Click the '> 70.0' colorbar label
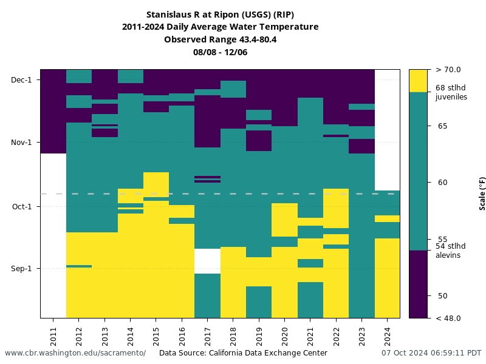click(x=448, y=70)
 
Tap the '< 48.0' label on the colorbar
click(x=448, y=318)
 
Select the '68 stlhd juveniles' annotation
click(x=451, y=92)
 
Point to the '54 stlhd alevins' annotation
click(x=450, y=250)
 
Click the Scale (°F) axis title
click(x=482, y=194)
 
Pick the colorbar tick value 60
click(x=442, y=182)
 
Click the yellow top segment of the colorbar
click(x=418, y=81)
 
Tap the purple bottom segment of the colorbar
click(x=418, y=284)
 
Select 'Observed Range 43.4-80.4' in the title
click(x=220, y=39)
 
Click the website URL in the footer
click(x=75, y=353)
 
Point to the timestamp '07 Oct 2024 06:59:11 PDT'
click(x=431, y=353)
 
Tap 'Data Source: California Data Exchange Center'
click(x=243, y=353)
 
